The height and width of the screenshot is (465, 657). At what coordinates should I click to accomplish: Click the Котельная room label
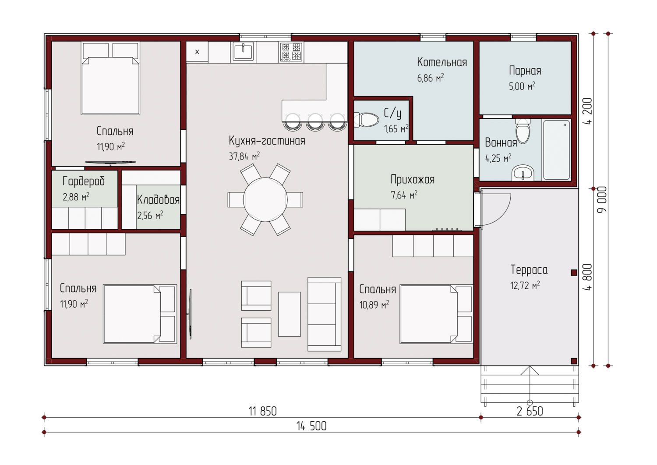pos(442,62)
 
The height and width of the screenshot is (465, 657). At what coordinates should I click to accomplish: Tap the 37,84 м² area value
pos(244,156)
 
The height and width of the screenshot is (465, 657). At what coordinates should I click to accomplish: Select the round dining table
pos(265,199)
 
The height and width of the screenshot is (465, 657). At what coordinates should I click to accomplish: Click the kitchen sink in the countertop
pos(243,52)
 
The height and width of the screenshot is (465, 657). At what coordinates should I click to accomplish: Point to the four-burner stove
pos(291,52)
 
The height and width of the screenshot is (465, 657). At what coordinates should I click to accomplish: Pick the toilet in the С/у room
pos(366,120)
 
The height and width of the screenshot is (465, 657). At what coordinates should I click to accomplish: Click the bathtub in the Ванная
pos(556,150)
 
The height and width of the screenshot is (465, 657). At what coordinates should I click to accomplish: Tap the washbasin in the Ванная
pos(523,173)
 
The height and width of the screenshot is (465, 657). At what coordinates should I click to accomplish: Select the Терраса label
pos(529,270)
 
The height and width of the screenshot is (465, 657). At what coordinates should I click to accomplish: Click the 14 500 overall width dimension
pos(311,426)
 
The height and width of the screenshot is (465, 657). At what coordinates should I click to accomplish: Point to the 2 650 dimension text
pos(530,411)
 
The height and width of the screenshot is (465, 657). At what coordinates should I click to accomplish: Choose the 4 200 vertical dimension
pos(588,111)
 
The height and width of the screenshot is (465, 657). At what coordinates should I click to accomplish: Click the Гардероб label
pos(84,181)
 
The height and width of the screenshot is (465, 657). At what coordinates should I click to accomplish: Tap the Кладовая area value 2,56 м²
pos(150,216)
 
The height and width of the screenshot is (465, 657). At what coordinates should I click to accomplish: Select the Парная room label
pos(525,71)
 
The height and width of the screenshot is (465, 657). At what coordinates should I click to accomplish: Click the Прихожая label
pos(413,179)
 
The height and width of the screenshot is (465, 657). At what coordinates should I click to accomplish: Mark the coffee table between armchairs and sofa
pos(290,314)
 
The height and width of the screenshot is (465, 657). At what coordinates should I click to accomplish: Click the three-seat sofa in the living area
pos(325,314)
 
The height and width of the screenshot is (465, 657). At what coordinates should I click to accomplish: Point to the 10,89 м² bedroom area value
pos(374,305)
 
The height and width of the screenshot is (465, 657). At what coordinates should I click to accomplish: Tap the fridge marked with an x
pos(197,52)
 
